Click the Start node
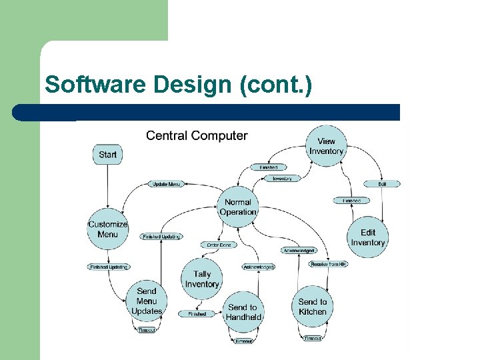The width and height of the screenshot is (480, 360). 107,155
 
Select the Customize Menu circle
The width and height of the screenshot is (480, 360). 107,229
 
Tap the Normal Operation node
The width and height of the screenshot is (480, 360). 238,207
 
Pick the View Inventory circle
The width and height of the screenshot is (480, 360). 326,146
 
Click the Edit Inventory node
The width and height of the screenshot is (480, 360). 368,237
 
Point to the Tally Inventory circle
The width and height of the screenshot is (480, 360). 202,279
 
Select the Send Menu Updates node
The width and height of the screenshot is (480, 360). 147,301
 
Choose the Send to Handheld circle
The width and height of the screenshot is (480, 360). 243,312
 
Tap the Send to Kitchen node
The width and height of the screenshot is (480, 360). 313,307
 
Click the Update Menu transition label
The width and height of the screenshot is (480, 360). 166,184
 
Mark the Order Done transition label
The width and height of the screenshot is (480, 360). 219,245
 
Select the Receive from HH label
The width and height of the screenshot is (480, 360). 328,264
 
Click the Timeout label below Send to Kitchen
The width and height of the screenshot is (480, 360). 313,339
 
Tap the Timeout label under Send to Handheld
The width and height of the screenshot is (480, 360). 243,341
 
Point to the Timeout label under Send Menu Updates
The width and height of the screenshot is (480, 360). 147,330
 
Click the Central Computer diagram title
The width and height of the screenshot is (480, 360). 197,136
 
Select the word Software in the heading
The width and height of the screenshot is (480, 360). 96,85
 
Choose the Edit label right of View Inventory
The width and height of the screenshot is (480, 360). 382,184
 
